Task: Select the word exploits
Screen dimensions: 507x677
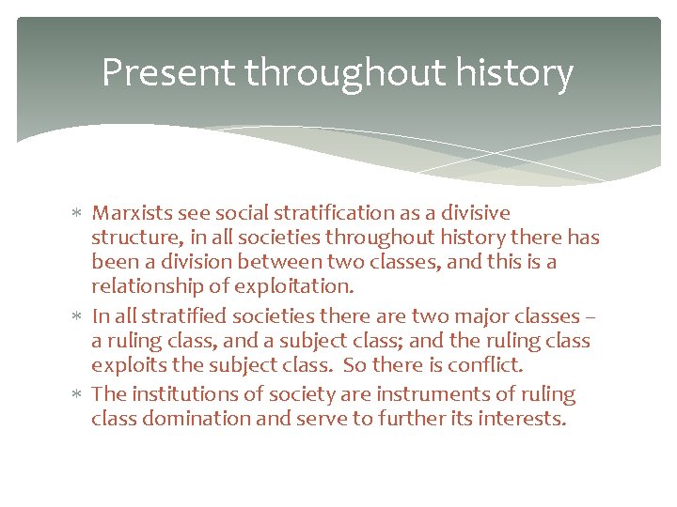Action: (x=125, y=365)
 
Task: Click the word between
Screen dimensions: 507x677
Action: (x=273, y=262)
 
